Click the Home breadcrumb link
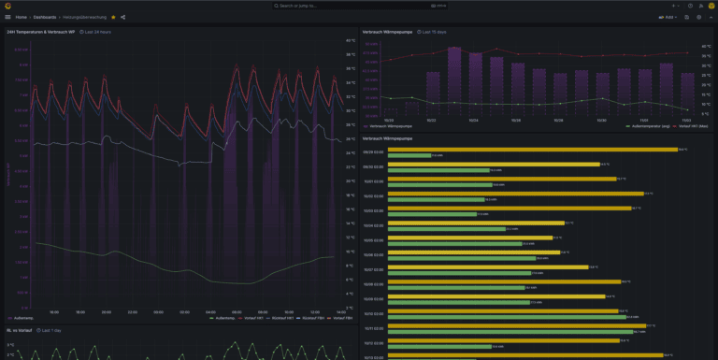click(x=21, y=17)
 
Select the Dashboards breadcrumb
click(x=44, y=17)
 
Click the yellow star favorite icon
click(x=113, y=17)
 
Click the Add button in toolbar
click(x=668, y=17)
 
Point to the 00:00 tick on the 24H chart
click(x=184, y=311)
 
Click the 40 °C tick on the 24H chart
click(x=351, y=40)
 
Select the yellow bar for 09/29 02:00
click(x=533, y=149)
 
